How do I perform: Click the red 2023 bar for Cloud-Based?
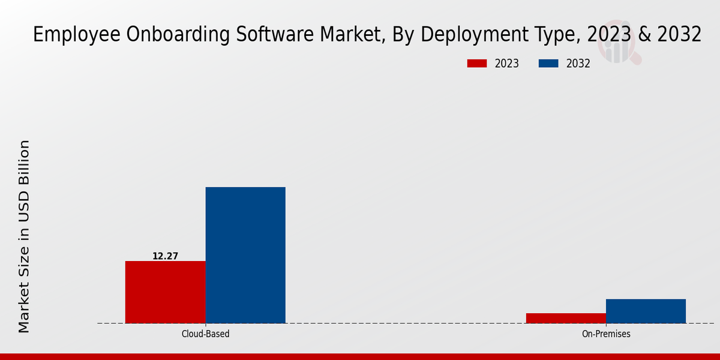165,292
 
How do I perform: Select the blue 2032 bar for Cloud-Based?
245,255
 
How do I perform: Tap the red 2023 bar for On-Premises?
566,318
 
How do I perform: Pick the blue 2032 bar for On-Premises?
646,311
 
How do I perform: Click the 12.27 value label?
165,256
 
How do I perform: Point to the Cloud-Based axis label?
205,334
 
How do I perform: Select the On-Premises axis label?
606,334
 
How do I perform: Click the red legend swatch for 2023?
477,64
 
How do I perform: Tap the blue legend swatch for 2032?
548,64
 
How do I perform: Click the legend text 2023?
507,64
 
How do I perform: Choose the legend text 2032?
578,64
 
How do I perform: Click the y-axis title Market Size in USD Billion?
24,236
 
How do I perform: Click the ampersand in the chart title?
643,35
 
